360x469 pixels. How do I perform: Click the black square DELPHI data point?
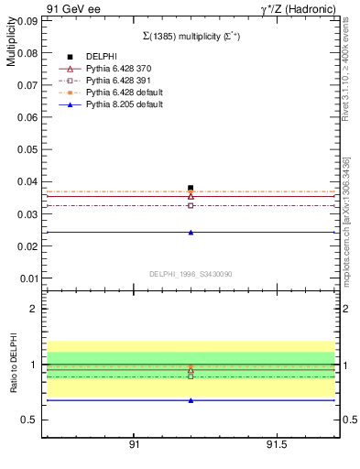tap(191, 188)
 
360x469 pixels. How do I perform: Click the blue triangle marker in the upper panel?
tap(191, 232)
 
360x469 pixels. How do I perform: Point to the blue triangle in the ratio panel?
tap(191, 400)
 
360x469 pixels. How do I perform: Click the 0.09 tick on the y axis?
tap(27, 20)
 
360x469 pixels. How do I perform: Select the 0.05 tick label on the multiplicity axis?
tap(27, 149)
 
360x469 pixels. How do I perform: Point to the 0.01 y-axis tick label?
tap(27, 278)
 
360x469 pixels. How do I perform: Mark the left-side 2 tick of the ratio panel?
tap(34, 309)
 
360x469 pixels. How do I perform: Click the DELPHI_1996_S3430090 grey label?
tap(191, 273)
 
